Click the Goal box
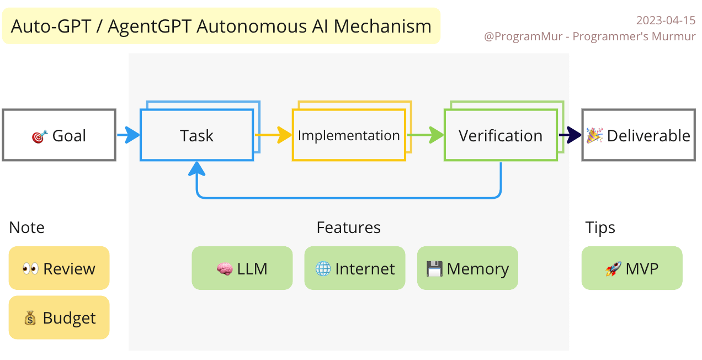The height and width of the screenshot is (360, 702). pyautogui.click(x=59, y=135)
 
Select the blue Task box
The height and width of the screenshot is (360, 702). pyautogui.click(x=196, y=136)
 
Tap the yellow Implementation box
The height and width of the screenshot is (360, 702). pyautogui.click(x=348, y=136)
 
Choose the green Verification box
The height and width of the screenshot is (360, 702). pyautogui.click(x=500, y=136)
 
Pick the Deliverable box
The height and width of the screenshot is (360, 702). pyautogui.click(x=639, y=136)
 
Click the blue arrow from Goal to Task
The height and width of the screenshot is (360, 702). pyautogui.click(x=129, y=135)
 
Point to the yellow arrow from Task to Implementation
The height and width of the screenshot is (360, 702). pyautogui.click(x=274, y=135)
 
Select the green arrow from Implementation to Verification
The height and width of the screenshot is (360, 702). pyautogui.click(x=426, y=135)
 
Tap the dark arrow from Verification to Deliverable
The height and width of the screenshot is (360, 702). pyautogui.click(x=570, y=135)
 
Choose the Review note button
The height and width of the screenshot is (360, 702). pyautogui.click(x=59, y=268)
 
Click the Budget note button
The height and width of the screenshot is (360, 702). pyautogui.click(x=59, y=318)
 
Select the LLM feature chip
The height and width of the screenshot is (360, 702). pyautogui.click(x=242, y=268)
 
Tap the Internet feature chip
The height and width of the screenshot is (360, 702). pyautogui.click(x=354, y=268)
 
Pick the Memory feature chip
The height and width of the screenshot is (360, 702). pyautogui.click(x=467, y=268)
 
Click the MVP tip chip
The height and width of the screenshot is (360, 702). pyautogui.click(x=632, y=268)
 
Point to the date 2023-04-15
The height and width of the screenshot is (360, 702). pyautogui.click(x=666, y=20)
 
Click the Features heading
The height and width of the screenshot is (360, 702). pyautogui.click(x=348, y=227)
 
